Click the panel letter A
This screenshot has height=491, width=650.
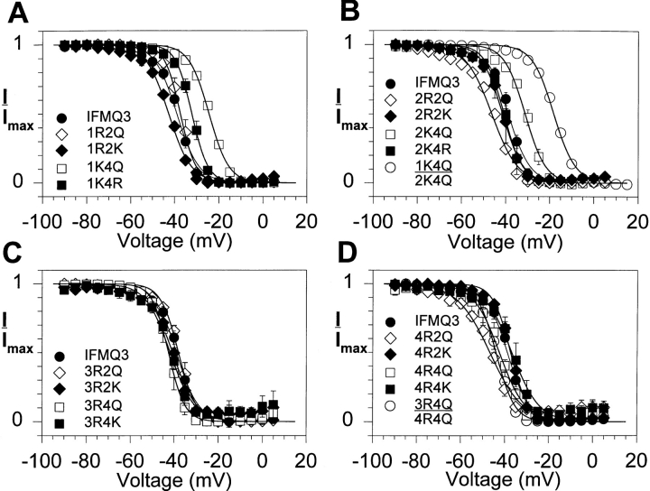click(12, 12)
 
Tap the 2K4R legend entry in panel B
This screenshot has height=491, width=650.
click(415, 150)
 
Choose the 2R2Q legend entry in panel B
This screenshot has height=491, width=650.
click(415, 99)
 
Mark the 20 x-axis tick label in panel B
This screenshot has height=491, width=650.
click(636, 201)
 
